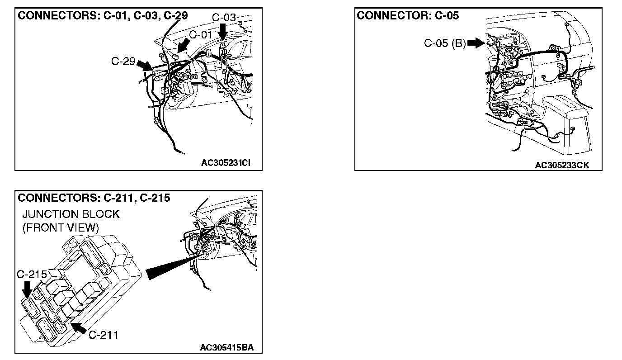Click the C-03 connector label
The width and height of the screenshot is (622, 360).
click(x=224, y=18)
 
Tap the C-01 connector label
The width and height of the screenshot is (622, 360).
click(x=201, y=34)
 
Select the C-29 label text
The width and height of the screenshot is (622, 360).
click(x=123, y=61)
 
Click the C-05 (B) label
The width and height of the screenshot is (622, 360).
click(x=444, y=43)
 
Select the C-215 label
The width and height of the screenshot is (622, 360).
click(x=32, y=275)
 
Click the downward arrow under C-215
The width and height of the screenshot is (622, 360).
click(x=27, y=289)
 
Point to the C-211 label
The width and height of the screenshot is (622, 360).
click(x=103, y=335)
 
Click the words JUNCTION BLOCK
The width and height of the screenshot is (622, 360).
click(x=71, y=214)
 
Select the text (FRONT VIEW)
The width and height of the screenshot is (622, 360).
click(x=61, y=227)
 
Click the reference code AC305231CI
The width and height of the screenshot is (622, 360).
click(x=225, y=163)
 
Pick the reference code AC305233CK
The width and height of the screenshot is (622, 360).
click(x=562, y=166)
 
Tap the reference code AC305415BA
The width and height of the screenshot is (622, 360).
click(x=227, y=348)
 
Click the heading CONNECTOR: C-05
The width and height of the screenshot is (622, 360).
click(x=408, y=16)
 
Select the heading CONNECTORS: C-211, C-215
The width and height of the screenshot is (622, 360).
click(x=94, y=198)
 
